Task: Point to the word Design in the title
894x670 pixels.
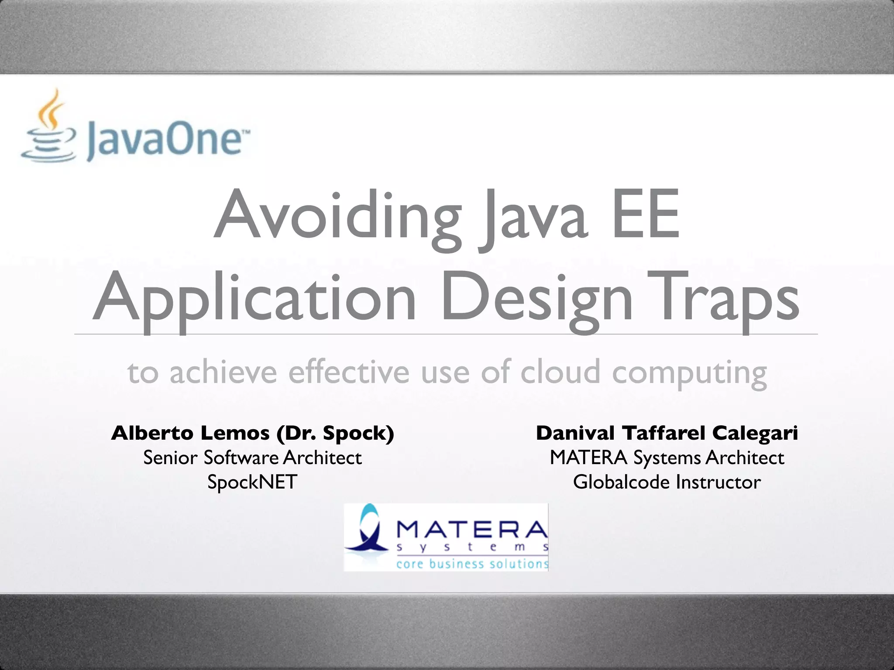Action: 536,299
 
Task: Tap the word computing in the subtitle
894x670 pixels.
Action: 689,373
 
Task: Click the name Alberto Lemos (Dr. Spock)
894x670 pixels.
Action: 253,433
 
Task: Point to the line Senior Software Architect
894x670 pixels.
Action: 253,458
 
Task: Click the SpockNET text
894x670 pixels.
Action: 252,482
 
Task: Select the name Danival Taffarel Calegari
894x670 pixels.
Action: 667,433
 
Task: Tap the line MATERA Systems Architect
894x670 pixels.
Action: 667,458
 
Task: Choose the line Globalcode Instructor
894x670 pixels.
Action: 667,482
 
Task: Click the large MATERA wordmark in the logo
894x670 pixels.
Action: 471,530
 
